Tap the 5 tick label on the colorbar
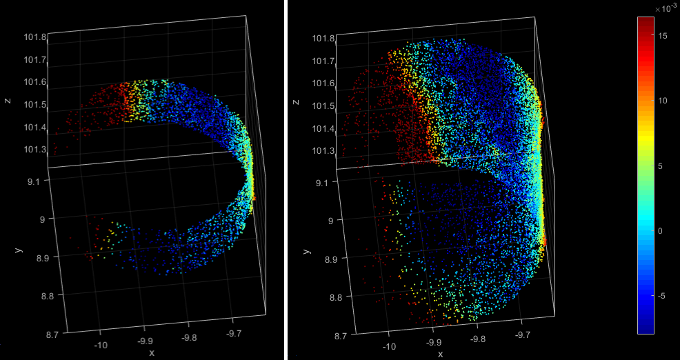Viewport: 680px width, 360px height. (662, 166)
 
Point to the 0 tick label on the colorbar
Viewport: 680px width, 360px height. (662, 230)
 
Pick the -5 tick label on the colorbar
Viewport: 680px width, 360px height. (663, 295)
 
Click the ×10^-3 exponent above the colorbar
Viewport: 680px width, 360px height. (666, 8)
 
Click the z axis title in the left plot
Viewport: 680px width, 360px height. (8, 101)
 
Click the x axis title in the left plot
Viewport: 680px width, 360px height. (152, 353)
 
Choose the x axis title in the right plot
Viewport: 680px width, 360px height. (441, 353)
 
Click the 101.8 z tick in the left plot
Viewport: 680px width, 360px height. (35, 37)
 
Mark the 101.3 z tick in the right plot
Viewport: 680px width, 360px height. (324, 150)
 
